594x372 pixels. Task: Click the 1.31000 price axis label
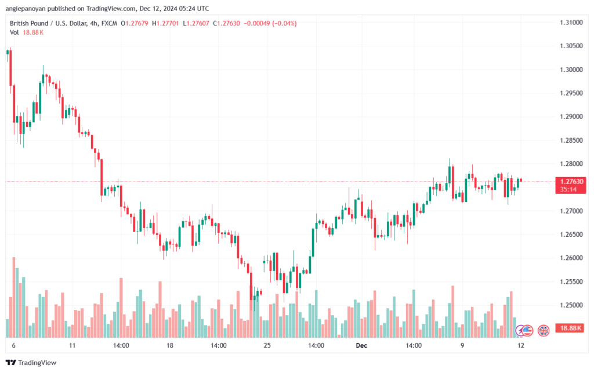[x=571, y=23]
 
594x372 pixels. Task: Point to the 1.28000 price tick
[x=571, y=164]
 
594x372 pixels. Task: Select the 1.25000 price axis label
[x=571, y=305]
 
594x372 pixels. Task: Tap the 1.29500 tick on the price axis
[x=571, y=93]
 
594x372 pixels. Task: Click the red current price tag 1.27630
[x=571, y=182]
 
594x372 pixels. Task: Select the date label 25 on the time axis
[x=267, y=345]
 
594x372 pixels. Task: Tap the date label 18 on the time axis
[x=170, y=345]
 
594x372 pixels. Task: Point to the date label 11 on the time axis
[x=72, y=345]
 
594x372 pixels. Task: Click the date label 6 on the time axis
[x=13, y=345]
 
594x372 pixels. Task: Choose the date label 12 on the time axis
[x=521, y=345]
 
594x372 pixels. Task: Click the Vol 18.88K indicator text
[x=27, y=32]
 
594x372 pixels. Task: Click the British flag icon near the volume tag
[x=544, y=330]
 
